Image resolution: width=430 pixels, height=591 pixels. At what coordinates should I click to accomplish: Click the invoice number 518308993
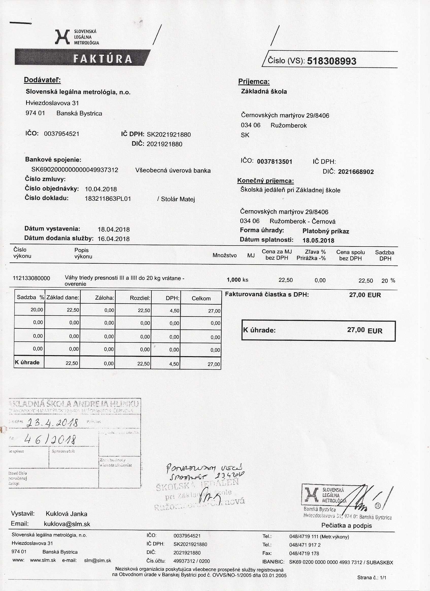(332, 61)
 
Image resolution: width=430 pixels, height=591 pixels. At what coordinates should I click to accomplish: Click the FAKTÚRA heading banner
(102, 59)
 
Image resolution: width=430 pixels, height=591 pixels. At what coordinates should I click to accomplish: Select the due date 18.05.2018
(318, 240)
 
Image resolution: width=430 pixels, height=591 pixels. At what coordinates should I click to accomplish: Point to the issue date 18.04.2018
(114, 230)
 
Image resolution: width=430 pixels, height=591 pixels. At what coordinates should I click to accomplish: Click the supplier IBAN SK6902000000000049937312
(75, 170)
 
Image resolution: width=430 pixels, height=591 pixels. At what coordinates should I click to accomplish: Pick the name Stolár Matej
(178, 199)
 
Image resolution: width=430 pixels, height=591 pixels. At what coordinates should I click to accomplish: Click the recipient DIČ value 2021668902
(356, 172)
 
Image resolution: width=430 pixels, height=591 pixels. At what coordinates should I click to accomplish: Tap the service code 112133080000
(31, 278)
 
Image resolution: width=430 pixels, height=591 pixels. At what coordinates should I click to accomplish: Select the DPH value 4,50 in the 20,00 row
(174, 311)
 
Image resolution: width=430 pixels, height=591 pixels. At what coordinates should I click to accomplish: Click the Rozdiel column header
(140, 298)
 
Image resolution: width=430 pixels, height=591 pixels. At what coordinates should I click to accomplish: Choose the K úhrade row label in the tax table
(27, 362)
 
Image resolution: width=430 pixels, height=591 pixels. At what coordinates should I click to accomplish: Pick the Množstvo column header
(224, 255)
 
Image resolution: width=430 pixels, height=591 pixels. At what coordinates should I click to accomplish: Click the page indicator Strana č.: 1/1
(372, 578)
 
